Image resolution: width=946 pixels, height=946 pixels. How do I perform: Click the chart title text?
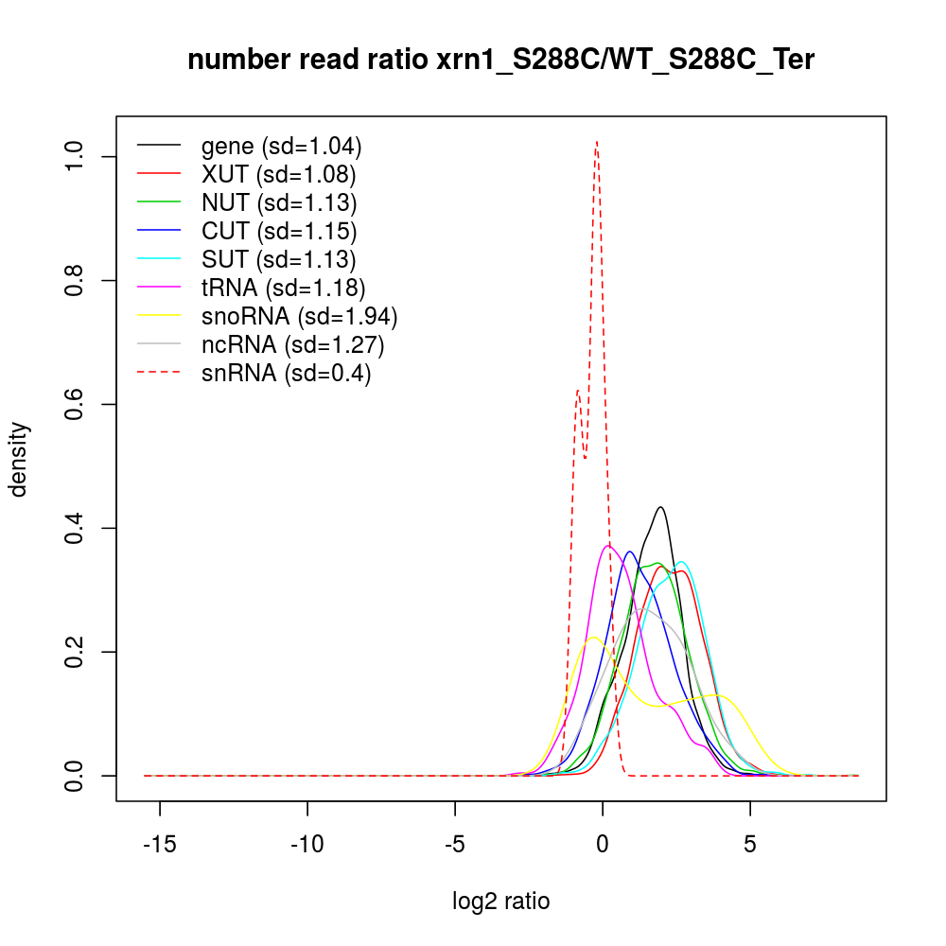click(500, 60)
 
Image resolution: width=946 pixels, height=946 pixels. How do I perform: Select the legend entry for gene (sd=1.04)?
click(281, 147)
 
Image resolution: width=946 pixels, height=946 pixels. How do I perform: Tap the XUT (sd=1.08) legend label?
click(278, 175)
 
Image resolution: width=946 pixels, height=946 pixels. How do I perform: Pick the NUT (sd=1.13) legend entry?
click(278, 202)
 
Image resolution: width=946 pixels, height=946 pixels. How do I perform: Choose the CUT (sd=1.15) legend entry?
click(278, 231)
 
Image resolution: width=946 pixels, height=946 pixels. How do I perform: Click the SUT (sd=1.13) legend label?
click(278, 259)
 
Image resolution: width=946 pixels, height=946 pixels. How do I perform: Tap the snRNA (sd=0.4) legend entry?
click(286, 374)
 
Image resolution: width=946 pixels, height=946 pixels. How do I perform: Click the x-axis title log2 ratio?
click(500, 901)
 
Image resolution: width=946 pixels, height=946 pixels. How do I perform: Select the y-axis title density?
click(21, 459)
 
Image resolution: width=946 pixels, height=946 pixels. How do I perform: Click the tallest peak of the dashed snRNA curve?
click(596, 142)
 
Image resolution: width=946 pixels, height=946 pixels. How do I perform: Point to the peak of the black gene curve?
click(660, 507)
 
